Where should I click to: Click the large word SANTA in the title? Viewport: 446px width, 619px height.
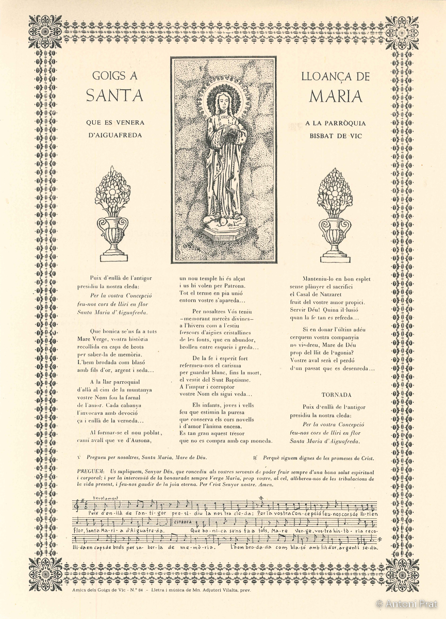point(114,96)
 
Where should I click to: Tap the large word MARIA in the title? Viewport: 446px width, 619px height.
point(336,96)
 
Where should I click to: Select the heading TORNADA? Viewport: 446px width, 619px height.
point(336,395)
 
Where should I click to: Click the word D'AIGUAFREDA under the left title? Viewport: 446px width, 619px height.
point(114,135)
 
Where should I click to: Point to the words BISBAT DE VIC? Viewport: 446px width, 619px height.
point(336,135)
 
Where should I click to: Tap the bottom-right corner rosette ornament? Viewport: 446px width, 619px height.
point(402,574)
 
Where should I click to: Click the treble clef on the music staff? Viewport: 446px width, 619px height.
point(79,504)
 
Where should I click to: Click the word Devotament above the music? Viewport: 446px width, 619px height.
point(106,498)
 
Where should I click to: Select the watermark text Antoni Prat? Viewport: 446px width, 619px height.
point(410,602)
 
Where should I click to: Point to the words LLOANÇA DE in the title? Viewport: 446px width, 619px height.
point(336,76)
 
